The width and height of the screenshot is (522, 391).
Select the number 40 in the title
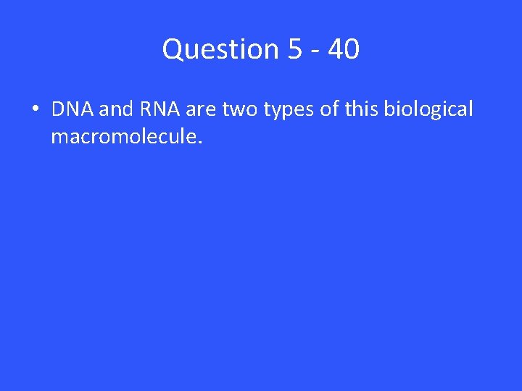point(343,50)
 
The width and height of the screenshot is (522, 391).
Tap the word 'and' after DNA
point(115,110)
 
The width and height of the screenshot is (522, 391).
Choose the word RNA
point(157,110)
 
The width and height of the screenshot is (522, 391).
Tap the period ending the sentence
point(199,142)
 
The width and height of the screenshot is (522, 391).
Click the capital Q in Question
point(172,50)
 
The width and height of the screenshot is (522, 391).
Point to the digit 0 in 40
point(352,50)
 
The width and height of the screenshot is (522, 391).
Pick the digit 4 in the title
point(334,50)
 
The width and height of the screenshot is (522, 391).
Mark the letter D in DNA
point(59,110)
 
